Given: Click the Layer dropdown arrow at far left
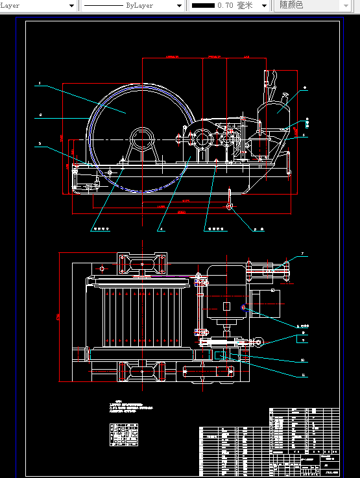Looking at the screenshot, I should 71,5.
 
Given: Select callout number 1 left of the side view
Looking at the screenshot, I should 40,84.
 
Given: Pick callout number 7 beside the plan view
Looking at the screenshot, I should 302,254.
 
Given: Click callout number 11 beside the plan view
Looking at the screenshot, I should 302,376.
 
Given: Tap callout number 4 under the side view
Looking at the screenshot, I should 161,229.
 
